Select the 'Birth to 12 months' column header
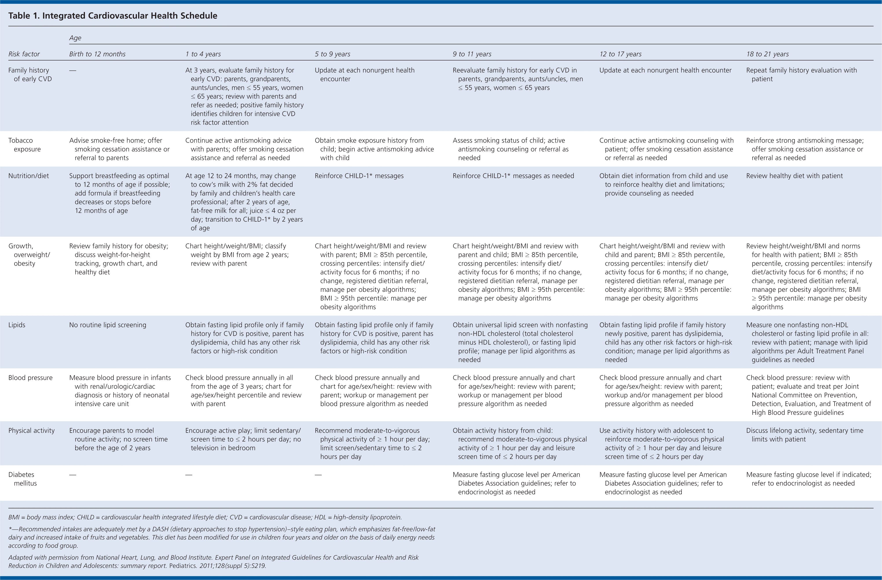click(x=97, y=54)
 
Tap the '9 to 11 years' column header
click(x=472, y=54)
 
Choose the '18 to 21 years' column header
click(x=767, y=54)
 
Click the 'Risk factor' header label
click(x=24, y=54)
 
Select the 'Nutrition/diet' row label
click(x=29, y=176)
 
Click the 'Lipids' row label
click(x=17, y=325)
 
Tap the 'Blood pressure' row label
click(x=30, y=378)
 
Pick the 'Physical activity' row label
click(x=31, y=430)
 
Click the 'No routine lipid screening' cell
click(x=107, y=325)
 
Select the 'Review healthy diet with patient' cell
click(x=794, y=176)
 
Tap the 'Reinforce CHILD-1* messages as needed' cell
click(x=513, y=176)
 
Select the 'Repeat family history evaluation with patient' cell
click(x=801, y=75)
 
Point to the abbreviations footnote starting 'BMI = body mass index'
click(x=205, y=517)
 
